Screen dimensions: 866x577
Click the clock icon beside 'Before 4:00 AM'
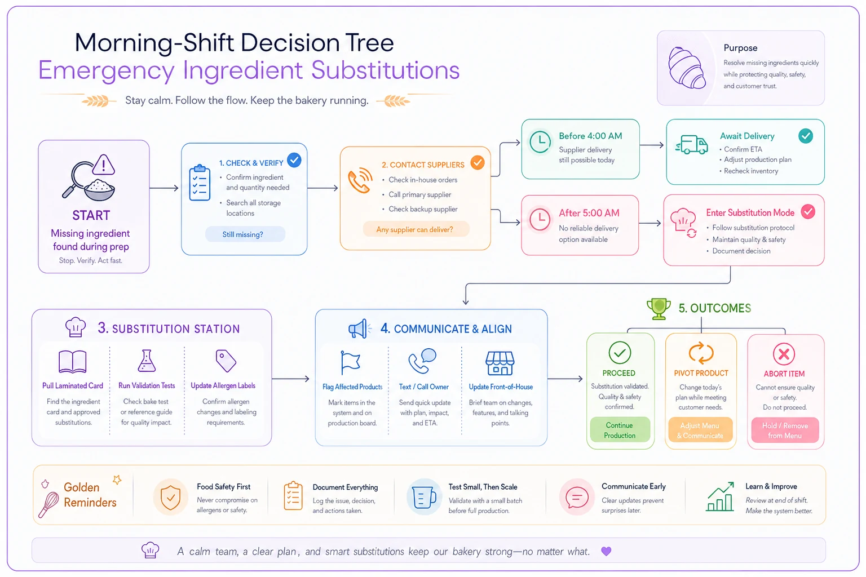click(540, 142)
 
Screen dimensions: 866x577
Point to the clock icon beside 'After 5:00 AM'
click(540, 219)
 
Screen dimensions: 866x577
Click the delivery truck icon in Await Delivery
click(692, 145)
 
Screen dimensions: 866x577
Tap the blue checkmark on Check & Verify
click(294, 160)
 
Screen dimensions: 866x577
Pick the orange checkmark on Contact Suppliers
click(478, 163)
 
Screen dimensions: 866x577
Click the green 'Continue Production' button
click(620, 430)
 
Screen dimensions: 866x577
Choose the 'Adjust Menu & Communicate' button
click(700, 430)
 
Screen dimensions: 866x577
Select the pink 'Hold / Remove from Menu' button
click(785, 430)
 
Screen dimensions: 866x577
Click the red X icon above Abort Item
click(784, 354)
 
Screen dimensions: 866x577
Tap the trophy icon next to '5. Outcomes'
click(659, 308)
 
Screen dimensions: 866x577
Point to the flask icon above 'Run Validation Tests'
click(147, 361)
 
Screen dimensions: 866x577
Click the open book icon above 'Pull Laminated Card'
click(72, 361)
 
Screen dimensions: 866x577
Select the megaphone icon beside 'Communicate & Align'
click(359, 329)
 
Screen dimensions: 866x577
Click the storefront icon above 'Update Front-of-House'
click(500, 363)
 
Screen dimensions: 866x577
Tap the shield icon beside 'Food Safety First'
click(170, 498)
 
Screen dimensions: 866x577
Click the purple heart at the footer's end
click(606, 551)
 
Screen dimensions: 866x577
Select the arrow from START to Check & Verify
click(164, 188)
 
